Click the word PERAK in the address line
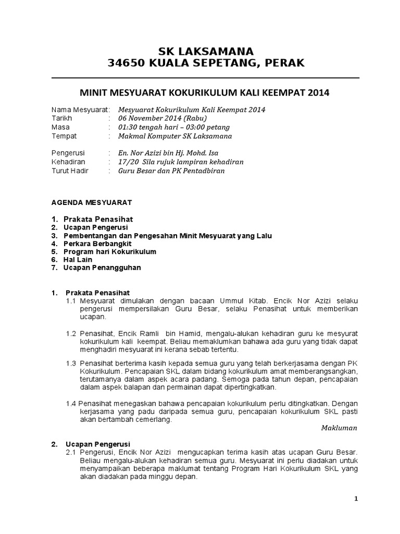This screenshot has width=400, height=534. click(x=285, y=63)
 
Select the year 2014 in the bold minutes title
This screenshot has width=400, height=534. click(x=319, y=93)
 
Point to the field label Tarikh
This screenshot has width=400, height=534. click(x=61, y=118)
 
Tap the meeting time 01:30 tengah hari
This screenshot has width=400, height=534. click(x=149, y=127)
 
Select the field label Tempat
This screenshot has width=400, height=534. click(x=64, y=136)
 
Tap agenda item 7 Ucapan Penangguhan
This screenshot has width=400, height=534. click(x=102, y=268)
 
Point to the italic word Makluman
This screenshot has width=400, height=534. click(x=340, y=428)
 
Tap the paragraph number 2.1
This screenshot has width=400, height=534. click(x=71, y=452)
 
